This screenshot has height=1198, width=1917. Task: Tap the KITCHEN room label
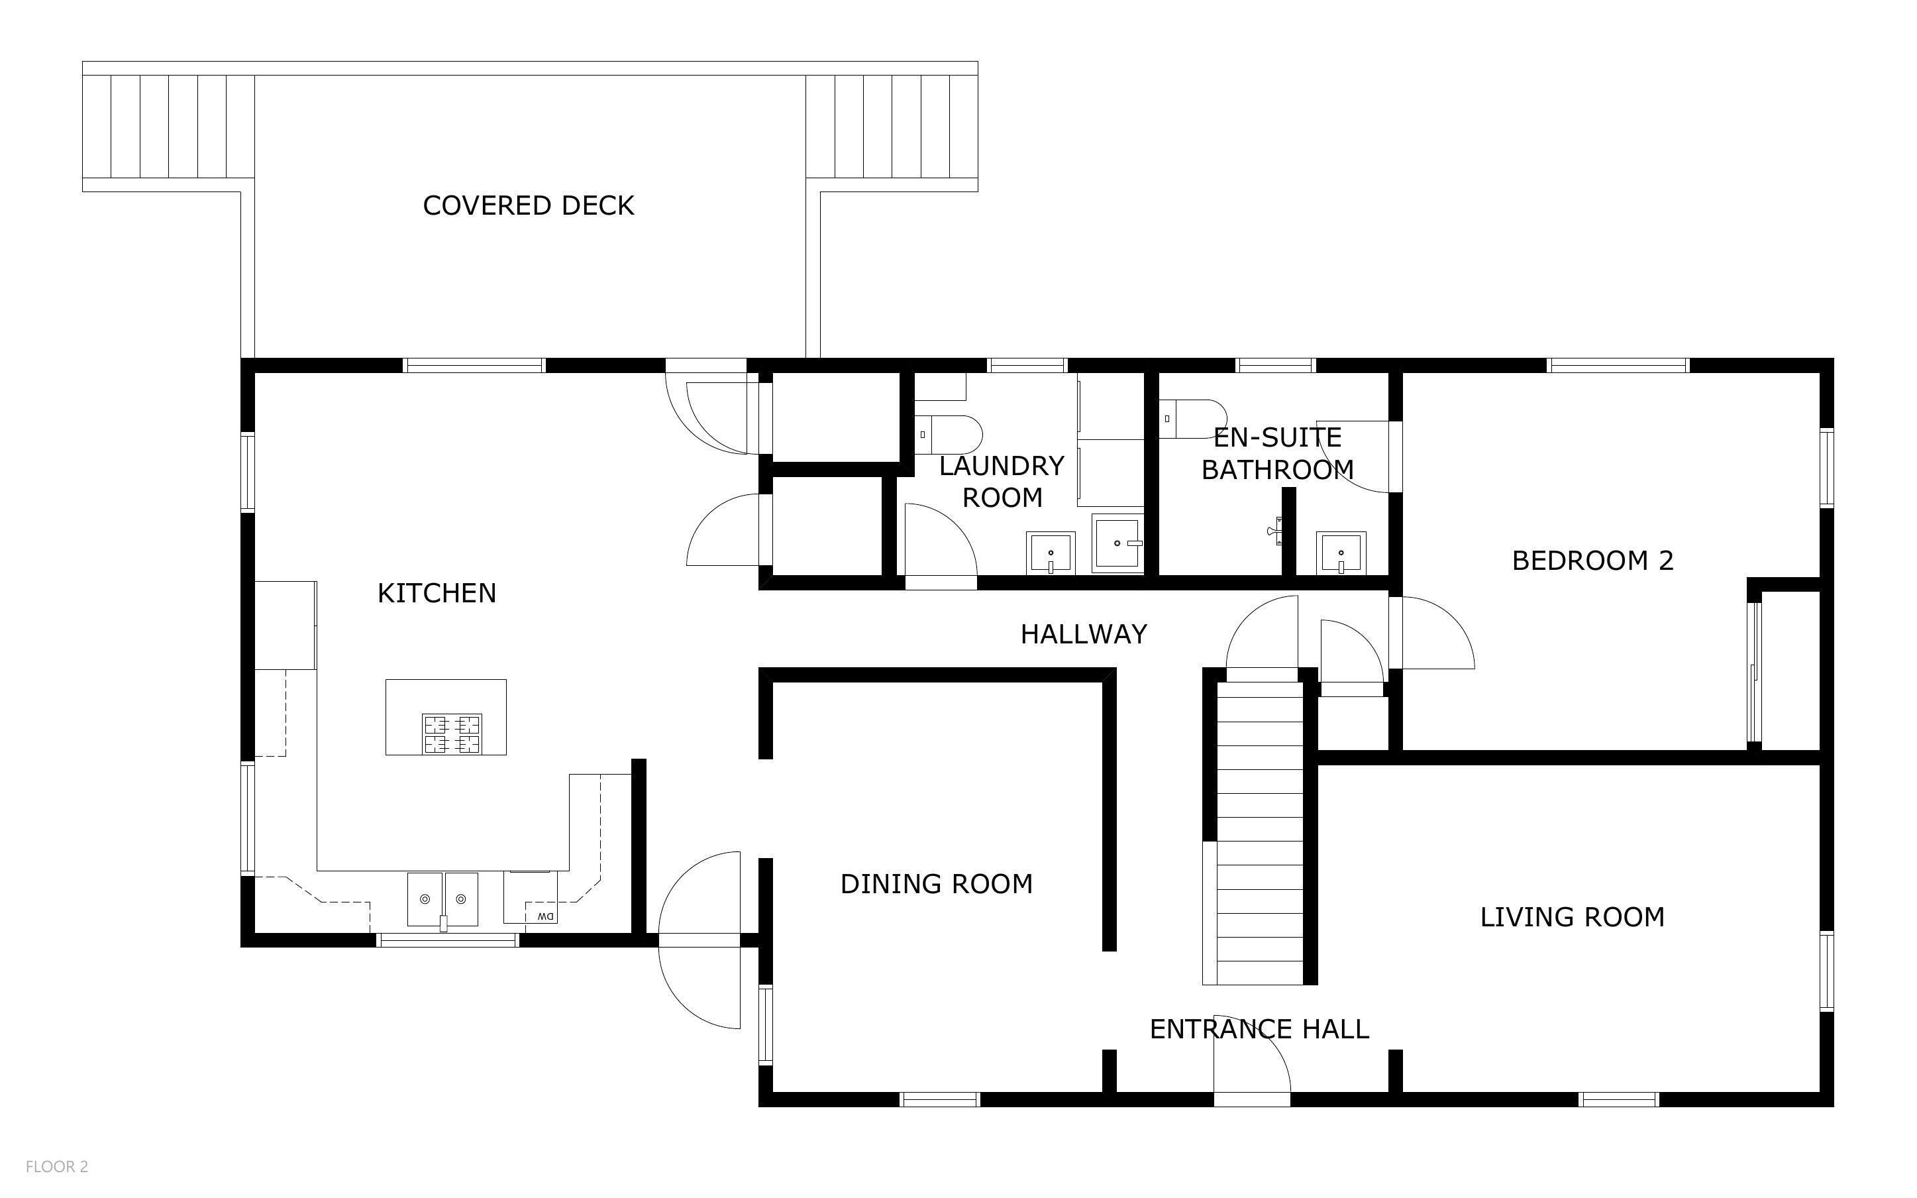[x=437, y=592]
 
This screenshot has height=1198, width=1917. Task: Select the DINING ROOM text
[x=936, y=883]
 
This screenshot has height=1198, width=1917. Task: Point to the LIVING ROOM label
[x=1572, y=917]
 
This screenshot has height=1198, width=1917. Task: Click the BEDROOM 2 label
[x=1592, y=560]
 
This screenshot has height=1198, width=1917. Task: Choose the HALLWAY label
[x=1083, y=634]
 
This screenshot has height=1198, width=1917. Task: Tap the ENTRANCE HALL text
[x=1259, y=1029]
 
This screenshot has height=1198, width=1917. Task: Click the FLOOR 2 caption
[x=57, y=1166]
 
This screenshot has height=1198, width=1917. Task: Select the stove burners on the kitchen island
[x=451, y=734]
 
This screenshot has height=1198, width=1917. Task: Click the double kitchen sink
[x=442, y=899]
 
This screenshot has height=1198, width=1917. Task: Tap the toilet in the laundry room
[x=949, y=434]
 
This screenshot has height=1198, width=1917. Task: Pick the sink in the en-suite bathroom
[x=1341, y=552]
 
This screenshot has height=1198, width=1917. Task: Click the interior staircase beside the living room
[x=1259, y=833]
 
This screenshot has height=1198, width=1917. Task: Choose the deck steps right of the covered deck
[x=892, y=127]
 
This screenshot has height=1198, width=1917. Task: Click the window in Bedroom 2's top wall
[x=1618, y=365]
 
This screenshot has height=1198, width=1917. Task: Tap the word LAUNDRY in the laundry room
[x=1002, y=466]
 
